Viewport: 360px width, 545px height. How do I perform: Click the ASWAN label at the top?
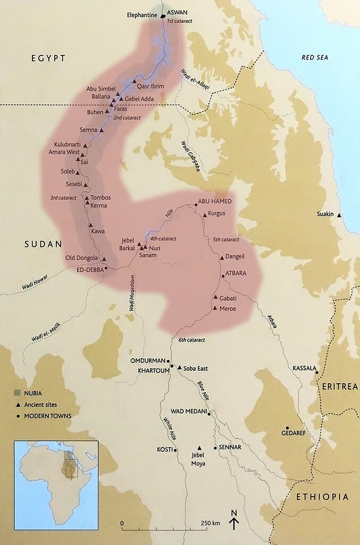tap(177, 12)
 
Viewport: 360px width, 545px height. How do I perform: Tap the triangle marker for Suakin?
tap(339, 214)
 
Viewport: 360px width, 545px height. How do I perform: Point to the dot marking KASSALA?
tap(316, 373)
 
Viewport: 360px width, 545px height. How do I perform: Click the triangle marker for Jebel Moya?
tap(199, 448)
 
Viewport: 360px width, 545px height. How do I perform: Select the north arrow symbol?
tap(233, 520)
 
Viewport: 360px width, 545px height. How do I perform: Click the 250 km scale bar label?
tap(210, 523)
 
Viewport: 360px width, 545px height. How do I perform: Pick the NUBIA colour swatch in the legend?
tap(18, 393)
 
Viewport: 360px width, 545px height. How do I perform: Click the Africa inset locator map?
tap(56, 485)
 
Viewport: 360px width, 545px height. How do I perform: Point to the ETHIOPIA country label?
tap(323, 497)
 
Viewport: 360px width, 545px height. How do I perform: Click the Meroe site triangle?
tap(215, 308)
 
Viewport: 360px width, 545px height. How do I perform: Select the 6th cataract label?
tap(191, 340)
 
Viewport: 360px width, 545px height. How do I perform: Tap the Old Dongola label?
tap(82, 258)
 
